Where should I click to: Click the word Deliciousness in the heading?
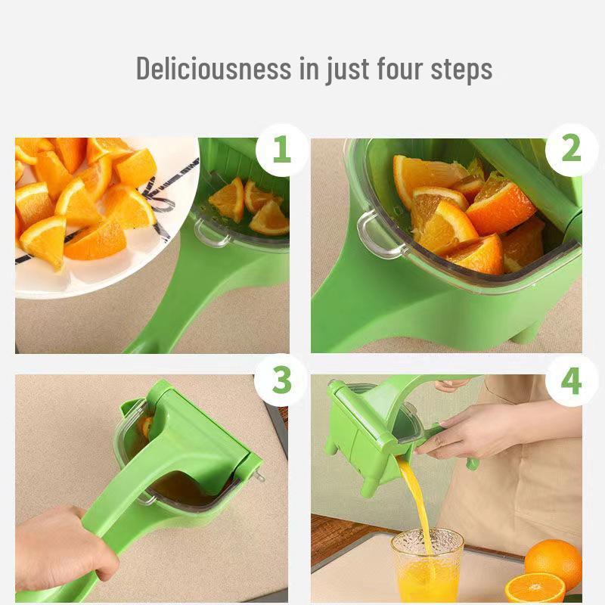tap(213, 69)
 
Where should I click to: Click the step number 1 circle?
tap(281, 150)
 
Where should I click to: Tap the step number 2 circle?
tap(571, 150)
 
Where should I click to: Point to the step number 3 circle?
tap(281, 381)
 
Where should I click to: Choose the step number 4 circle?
tap(571, 381)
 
